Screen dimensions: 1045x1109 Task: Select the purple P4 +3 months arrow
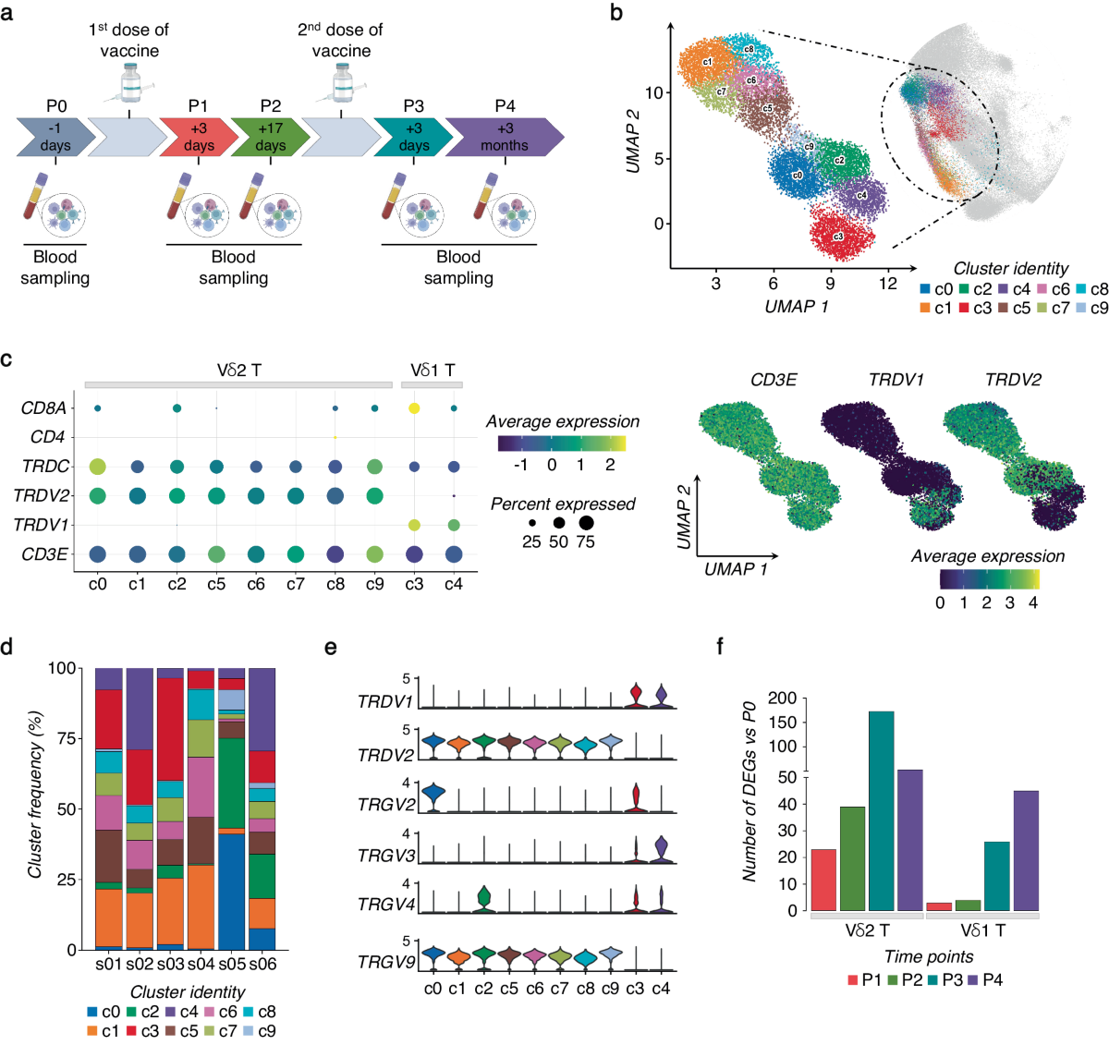[x=504, y=137]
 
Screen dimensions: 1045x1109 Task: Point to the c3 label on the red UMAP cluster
[x=838, y=237]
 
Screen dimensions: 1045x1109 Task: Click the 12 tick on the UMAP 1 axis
[x=887, y=284]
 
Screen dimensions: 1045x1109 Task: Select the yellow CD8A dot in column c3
[x=414, y=407]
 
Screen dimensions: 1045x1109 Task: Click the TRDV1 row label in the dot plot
[x=42, y=525]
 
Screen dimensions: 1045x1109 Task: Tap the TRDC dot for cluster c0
[x=97, y=467]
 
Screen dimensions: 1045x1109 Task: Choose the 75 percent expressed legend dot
[x=586, y=523]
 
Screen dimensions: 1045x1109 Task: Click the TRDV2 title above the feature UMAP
[x=1013, y=380]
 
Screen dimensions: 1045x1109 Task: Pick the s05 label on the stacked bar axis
[x=232, y=964]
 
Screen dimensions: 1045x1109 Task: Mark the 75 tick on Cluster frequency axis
[x=63, y=738]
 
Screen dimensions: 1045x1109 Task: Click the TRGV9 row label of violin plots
[x=385, y=962]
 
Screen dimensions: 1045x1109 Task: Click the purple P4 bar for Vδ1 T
[x=1026, y=850]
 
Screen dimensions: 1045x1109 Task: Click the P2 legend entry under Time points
[x=902, y=979]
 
